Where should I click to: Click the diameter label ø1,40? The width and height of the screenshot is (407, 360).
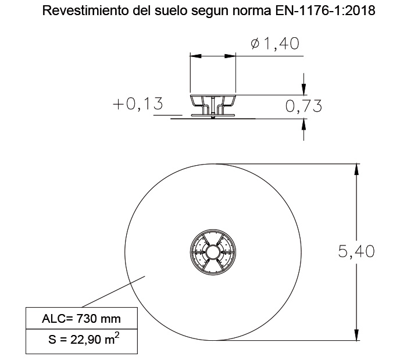pos(275,44)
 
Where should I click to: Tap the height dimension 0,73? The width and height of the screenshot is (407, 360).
pos(304,106)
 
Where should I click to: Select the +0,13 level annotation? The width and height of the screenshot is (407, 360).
pos(138,104)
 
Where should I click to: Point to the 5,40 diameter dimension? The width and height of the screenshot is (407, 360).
pos(356,251)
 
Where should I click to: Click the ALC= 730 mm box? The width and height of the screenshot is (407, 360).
pos(81,318)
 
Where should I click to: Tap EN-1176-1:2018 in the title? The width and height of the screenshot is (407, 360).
pos(325,10)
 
